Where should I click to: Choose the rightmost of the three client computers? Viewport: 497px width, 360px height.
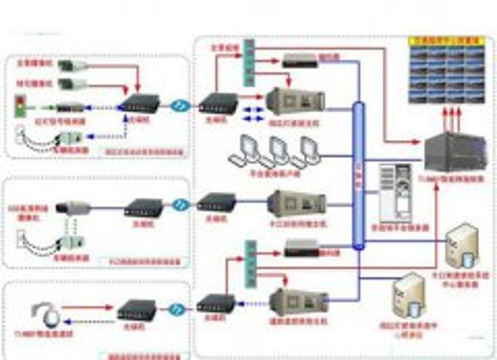[305, 151]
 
